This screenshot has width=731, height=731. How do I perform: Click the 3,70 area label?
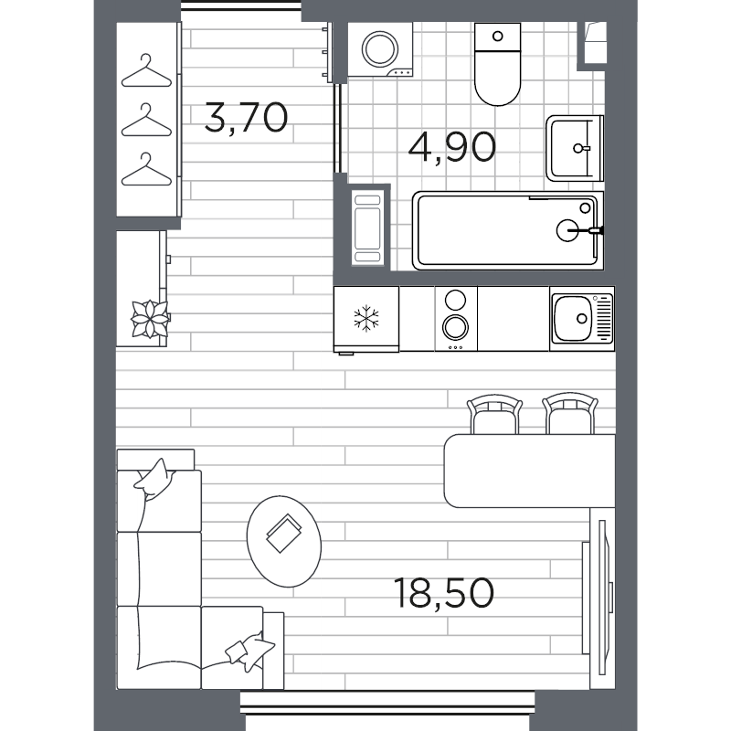[246, 118]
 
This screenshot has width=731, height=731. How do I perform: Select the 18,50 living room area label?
[444, 593]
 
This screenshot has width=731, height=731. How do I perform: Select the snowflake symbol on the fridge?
[366, 319]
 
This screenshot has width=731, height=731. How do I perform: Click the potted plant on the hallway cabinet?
[149, 317]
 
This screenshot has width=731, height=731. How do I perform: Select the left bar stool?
[494, 414]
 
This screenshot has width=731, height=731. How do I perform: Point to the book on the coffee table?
[284, 534]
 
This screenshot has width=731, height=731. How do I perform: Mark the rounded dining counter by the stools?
[528, 471]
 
